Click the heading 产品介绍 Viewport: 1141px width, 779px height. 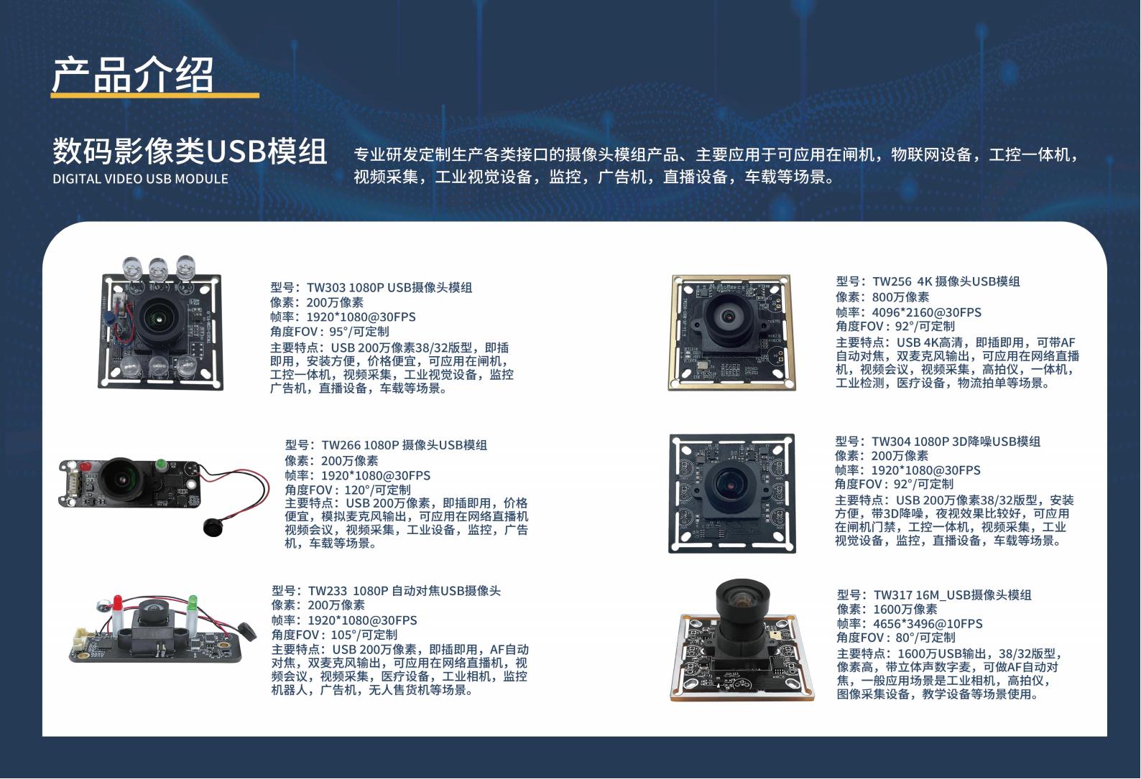pyautogui.click(x=132, y=75)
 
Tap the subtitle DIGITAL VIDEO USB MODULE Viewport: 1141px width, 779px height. pyautogui.click(x=141, y=179)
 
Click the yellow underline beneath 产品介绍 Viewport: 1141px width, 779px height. pyautogui.click(x=155, y=95)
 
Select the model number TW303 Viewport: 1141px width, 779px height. pyautogui.click(x=326, y=288)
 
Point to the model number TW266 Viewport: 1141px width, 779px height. pyautogui.click(x=341, y=445)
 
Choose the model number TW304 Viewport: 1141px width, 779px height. pyautogui.click(x=891, y=442)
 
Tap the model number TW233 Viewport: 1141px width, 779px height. pyautogui.click(x=328, y=591)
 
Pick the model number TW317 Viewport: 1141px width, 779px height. pyautogui.click(x=892, y=594)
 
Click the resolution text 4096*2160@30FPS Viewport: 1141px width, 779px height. pyautogui.click(x=927, y=312)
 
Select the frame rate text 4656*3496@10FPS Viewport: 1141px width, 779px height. pyautogui.click(x=928, y=624)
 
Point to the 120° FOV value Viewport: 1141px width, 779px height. pyautogui.click(x=356, y=490)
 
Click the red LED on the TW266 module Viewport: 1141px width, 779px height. pyautogui.click(x=85, y=467)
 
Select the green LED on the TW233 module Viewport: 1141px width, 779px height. pyautogui.click(x=193, y=602)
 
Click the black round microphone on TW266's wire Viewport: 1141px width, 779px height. pyautogui.click(x=213, y=526)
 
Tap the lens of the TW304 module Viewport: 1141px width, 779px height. pyautogui.click(x=729, y=482)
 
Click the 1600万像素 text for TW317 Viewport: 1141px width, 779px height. pyautogui.click(x=905, y=609)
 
